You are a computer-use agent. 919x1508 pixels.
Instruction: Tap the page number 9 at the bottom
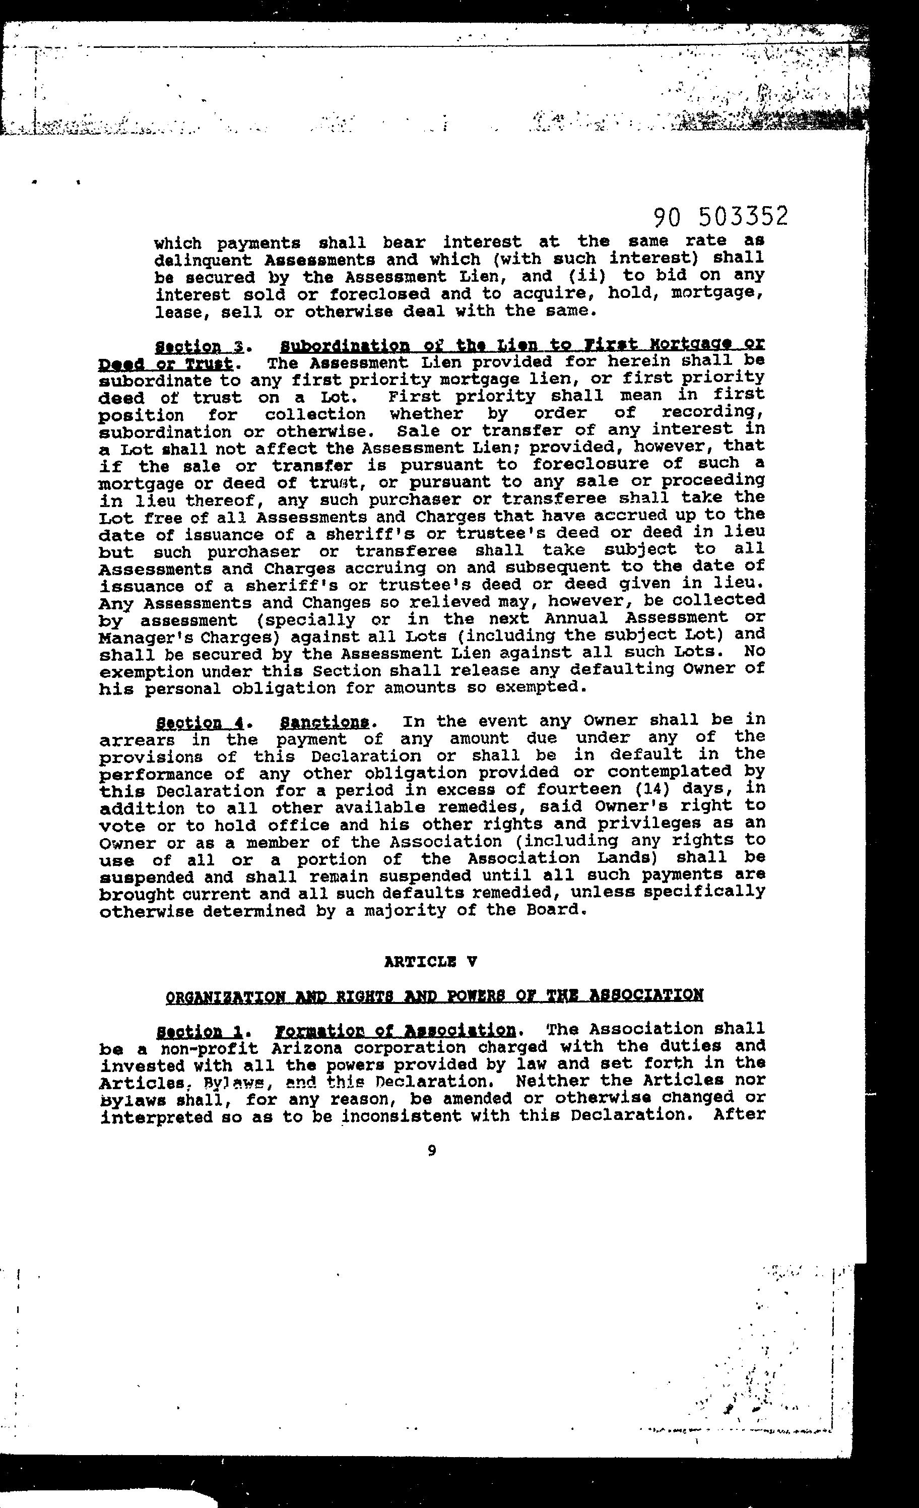tap(432, 1151)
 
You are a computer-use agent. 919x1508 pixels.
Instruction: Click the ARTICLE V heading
tap(430, 962)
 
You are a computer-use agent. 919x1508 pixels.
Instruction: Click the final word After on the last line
tap(739, 1114)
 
